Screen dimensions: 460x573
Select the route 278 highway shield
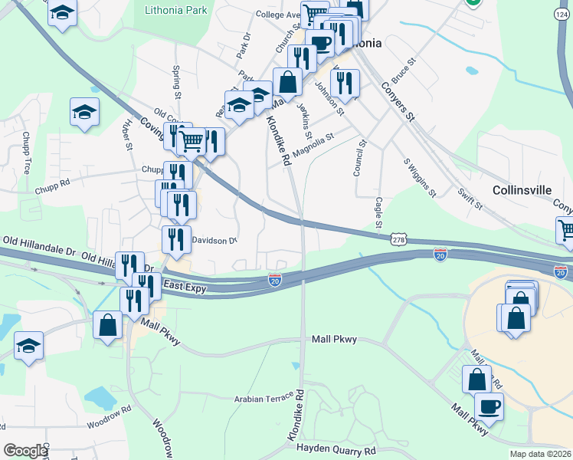(x=398, y=241)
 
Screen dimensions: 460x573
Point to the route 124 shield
(x=563, y=13)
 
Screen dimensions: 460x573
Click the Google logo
(x=25, y=451)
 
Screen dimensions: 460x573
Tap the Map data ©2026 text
(x=539, y=454)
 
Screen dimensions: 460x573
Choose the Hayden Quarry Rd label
(x=336, y=450)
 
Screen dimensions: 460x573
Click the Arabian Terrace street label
(x=264, y=398)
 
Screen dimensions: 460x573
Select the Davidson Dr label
(x=214, y=241)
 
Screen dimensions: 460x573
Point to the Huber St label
(x=127, y=135)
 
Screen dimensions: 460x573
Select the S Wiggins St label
(x=420, y=177)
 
